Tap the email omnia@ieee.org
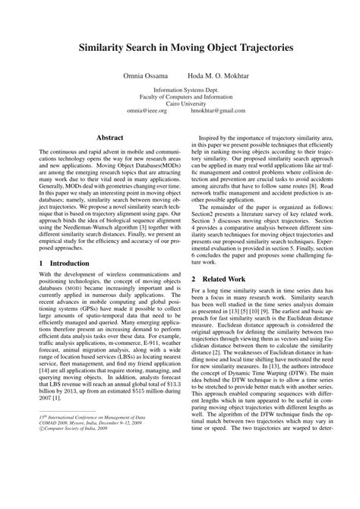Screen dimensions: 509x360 pyautogui.click(x=147, y=110)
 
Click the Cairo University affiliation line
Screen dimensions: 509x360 pyautogui.click(x=181, y=102)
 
